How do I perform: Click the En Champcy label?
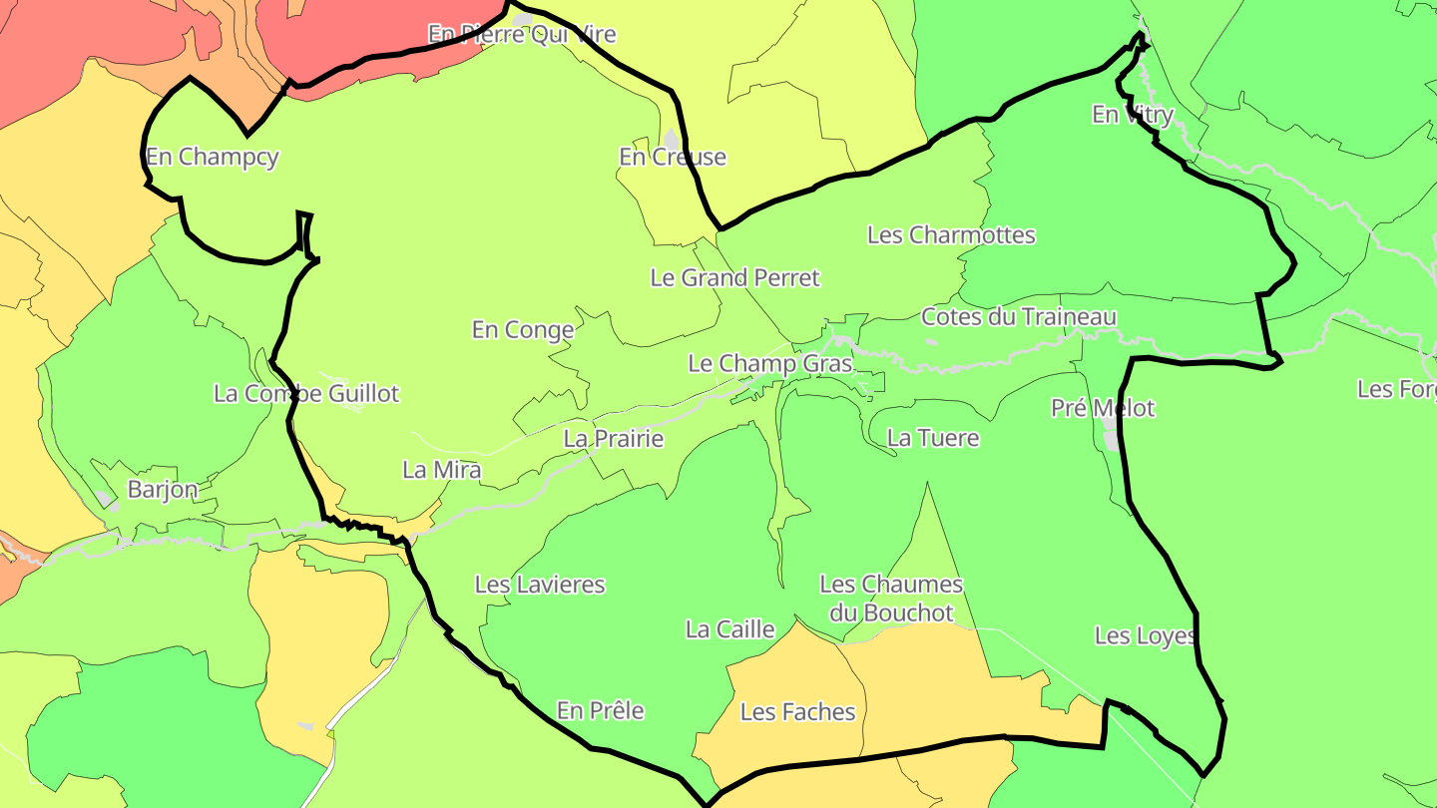click(x=212, y=157)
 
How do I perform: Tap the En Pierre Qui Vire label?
click(x=522, y=35)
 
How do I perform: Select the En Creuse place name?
click(x=673, y=157)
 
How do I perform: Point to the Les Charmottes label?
click(x=951, y=235)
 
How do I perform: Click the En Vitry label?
click(x=1133, y=115)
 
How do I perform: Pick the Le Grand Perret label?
click(x=734, y=277)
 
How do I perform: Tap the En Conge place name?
click(x=523, y=329)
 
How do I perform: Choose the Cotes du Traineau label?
click(x=1018, y=317)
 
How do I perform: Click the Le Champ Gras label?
click(x=770, y=363)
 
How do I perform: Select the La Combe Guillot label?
click(x=306, y=393)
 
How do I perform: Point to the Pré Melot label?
click(x=1103, y=408)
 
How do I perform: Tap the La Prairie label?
click(x=614, y=438)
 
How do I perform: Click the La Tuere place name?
click(x=933, y=438)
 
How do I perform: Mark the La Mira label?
click(x=442, y=470)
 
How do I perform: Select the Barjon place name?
click(x=163, y=490)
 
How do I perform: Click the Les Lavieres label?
click(x=540, y=585)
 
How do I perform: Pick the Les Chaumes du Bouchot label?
click(x=891, y=599)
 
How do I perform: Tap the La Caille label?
click(x=730, y=629)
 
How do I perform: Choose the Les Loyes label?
click(x=1145, y=635)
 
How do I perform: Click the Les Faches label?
click(x=797, y=712)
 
